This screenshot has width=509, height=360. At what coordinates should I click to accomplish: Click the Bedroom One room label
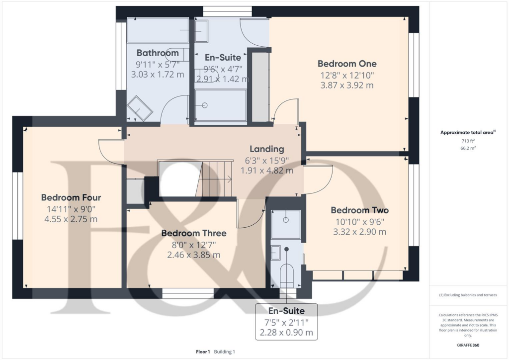tap(347, 64)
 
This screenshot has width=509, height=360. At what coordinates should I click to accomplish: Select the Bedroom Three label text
tap(193, 233)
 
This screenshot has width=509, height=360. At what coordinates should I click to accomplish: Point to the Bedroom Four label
tap(71, 197)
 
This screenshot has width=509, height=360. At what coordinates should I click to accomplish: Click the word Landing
tap(266, 149)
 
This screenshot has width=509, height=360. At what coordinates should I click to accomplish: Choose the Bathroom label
tap(158, 53)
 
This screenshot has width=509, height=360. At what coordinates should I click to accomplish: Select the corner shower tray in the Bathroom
tap(140, 108)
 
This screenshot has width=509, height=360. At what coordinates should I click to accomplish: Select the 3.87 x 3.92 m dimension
tap(347, 85)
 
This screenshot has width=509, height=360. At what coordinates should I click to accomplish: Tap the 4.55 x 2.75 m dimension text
tap(71, 219)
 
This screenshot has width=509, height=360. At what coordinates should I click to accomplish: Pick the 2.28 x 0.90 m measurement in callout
tap(286, 333)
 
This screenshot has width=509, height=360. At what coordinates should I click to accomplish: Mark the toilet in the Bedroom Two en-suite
tap(287, 274)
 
